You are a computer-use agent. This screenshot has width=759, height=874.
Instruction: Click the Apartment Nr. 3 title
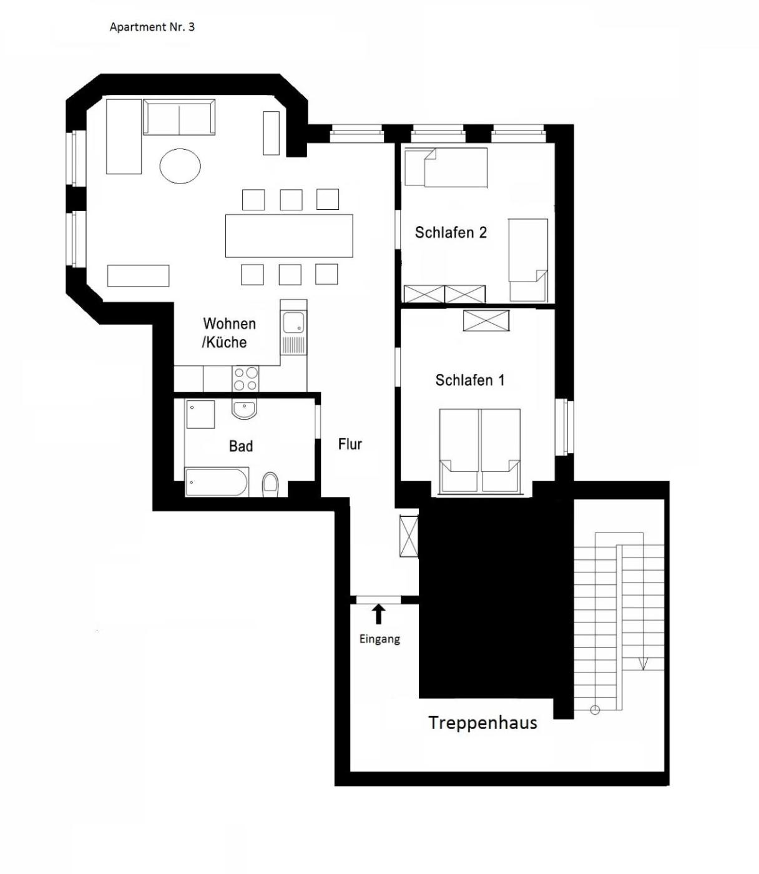pos(152,27)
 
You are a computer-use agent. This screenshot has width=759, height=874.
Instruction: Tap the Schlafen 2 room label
pos(451,232)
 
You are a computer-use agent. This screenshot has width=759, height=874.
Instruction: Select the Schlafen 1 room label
pos(470,380)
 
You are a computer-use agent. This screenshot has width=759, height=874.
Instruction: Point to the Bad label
pos(241,446)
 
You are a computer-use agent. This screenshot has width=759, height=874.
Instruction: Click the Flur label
pos(350,444)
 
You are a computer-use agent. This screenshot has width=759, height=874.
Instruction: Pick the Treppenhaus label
pos(482,723)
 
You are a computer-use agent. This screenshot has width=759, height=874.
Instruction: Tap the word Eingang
pos(379,639)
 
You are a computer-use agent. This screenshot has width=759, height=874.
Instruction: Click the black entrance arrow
pos(379,614)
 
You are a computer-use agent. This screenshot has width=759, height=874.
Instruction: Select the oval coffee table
pos(180,166)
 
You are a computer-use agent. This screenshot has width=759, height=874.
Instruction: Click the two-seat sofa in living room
pos(179,117)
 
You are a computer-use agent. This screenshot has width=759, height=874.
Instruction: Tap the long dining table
pos(289,236)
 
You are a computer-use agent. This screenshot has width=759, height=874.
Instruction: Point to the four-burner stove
pos(245,378)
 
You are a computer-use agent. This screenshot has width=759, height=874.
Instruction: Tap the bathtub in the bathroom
pos(217,483)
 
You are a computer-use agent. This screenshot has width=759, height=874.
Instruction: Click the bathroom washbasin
pos(244,410)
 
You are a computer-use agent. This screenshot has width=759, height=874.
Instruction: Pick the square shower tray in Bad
pos(200,414)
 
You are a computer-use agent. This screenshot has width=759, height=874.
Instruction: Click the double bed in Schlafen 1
pos(480,451)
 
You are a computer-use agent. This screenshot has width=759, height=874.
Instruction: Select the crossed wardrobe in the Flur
pos(409,536)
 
